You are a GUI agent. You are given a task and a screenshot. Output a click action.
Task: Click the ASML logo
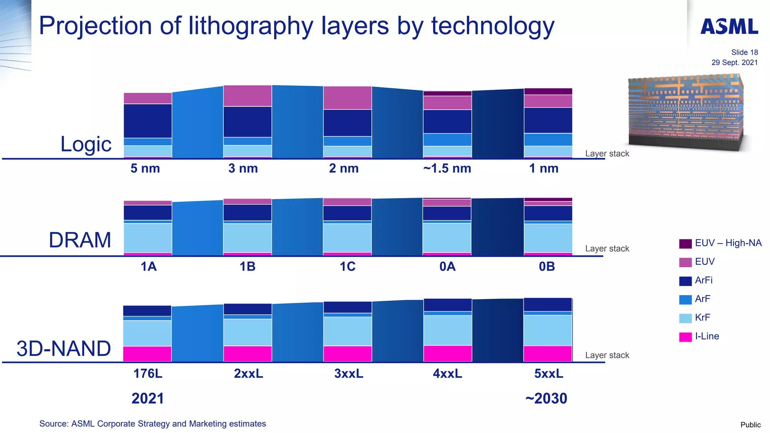729,27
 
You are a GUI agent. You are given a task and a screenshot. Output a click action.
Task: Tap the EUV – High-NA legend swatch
685,244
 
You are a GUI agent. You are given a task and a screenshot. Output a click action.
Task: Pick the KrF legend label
702,318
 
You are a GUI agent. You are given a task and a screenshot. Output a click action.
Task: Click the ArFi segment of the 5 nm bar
148,121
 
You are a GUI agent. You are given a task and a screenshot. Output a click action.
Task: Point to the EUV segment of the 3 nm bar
247,96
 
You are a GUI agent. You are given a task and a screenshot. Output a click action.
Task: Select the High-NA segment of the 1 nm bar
548,91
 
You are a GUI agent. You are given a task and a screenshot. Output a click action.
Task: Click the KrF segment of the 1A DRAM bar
148,238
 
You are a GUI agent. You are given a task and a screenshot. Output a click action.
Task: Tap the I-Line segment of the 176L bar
147,354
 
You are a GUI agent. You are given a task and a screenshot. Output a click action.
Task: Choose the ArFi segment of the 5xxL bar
548,304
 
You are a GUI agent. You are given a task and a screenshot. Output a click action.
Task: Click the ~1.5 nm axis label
447,168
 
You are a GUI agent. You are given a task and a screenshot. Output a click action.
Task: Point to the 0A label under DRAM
447,266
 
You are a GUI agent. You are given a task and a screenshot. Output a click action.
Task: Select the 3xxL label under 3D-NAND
349,374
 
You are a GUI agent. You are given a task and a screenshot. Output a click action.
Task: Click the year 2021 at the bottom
148,398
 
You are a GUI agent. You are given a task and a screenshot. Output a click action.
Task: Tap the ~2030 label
546,398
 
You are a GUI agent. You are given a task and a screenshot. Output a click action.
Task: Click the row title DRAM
80,240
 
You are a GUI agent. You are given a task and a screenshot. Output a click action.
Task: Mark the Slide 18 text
744,52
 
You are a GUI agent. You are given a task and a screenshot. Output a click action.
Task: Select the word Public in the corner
750,425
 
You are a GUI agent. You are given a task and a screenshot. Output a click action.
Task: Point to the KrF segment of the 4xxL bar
447,330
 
